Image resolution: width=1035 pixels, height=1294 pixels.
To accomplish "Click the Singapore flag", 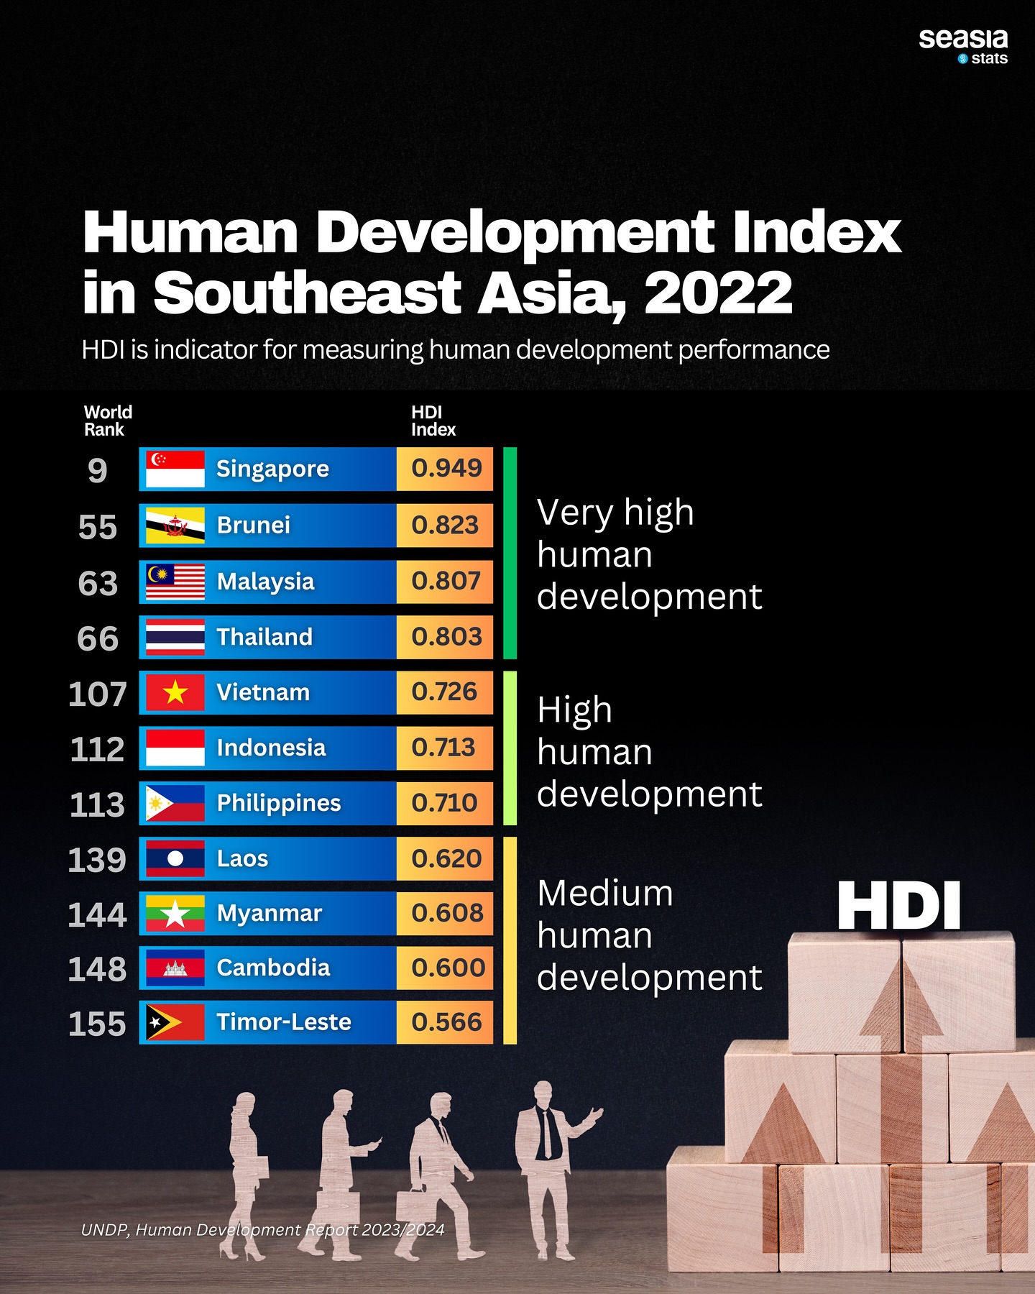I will point(175,469).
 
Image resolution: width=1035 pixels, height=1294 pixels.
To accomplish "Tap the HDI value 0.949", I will point(446,469).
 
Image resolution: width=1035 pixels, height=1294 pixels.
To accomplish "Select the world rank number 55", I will point(98,527).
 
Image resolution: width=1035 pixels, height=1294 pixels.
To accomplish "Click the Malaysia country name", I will point(265,582).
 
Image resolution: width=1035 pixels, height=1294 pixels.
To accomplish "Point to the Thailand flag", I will point(175,637).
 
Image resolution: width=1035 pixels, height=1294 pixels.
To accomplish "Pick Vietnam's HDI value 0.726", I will point(444,692).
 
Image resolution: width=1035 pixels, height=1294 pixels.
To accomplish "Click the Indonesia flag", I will point(175,748).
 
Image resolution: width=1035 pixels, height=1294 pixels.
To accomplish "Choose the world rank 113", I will point(98,804).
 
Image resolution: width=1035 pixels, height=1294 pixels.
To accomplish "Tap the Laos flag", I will point(175,858).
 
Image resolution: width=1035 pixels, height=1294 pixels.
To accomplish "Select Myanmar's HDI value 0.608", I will point(446,913).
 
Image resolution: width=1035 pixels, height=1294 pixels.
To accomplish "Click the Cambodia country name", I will point(273,968).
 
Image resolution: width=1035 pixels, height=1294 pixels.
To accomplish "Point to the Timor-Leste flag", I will point(175,1022).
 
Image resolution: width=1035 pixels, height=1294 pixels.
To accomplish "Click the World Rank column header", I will point(108,421).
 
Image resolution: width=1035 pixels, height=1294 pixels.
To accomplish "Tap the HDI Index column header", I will point(433,421).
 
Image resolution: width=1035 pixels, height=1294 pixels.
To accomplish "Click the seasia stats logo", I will point(963,46).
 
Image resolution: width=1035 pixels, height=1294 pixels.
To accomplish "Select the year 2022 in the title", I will point(718,293).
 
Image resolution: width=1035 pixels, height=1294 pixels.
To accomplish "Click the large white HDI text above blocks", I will point(898,907).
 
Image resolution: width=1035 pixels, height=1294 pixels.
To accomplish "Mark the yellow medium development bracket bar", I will point(510,940).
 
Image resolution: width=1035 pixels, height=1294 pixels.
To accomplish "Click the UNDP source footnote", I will point(262,1230).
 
